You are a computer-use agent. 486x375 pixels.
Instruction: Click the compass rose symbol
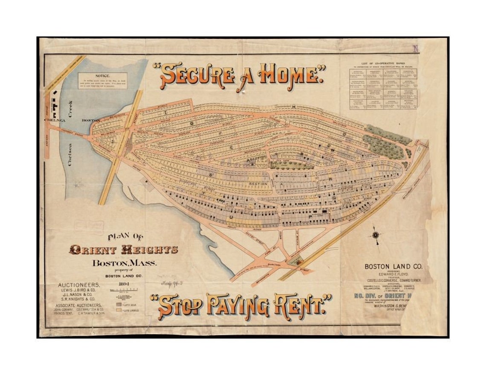pos(376,234)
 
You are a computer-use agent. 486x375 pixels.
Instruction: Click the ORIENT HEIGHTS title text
pos(123,250)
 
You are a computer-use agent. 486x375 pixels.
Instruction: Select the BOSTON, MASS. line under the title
pos(124,263)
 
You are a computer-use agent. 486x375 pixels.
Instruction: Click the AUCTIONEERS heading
pos(80,284)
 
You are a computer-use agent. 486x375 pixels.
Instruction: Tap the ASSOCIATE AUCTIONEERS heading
pos(79,305)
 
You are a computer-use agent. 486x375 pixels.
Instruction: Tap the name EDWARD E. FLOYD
pos(393,275)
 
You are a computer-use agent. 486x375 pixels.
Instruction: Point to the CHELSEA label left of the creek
pos(54,120)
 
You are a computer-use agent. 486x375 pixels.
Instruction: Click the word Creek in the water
pos(70,109)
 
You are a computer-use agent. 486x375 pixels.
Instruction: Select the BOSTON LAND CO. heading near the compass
pos(393,266)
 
